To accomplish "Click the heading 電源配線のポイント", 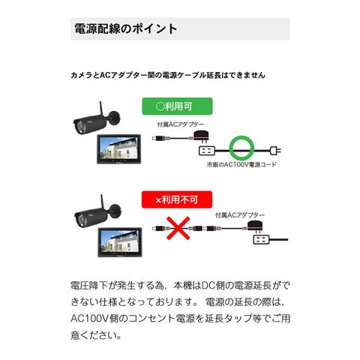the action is tap(126, 28).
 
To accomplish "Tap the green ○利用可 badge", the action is tap(177, 106).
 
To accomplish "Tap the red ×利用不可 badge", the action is tap(177, 199).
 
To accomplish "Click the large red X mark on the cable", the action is tap(178, 228).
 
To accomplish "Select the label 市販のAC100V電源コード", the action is tap(241, 164).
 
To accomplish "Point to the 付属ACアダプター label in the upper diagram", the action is tap(181, 124).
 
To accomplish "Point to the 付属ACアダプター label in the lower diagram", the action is tap(240, 215).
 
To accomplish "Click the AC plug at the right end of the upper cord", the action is tap(275, 151).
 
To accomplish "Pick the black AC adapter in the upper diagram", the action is tap(202, 137).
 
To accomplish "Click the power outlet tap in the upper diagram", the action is tap(207, 151).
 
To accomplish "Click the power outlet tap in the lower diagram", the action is tap(261, 240).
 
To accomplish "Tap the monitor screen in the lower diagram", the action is tap(119, 241).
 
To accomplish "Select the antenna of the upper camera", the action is tap(102, 109).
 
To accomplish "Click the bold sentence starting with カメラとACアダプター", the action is tap(168, 75).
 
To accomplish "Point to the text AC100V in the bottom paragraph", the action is tap(89, 319).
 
